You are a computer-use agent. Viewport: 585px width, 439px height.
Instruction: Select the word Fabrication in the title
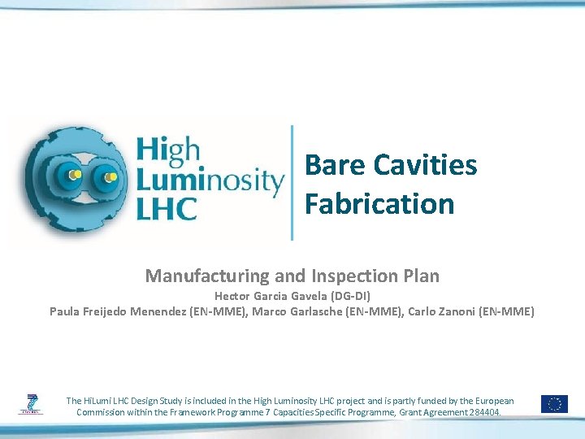[x=379, y=203]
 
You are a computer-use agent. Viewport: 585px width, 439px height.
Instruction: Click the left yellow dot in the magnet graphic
[x=74, y=174]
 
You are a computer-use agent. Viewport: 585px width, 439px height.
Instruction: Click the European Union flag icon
[x=556, y=403]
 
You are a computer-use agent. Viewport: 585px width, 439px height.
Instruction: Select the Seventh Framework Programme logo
[x=32, y=402]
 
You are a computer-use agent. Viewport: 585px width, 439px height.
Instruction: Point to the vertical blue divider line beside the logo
[x=292, y=182]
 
